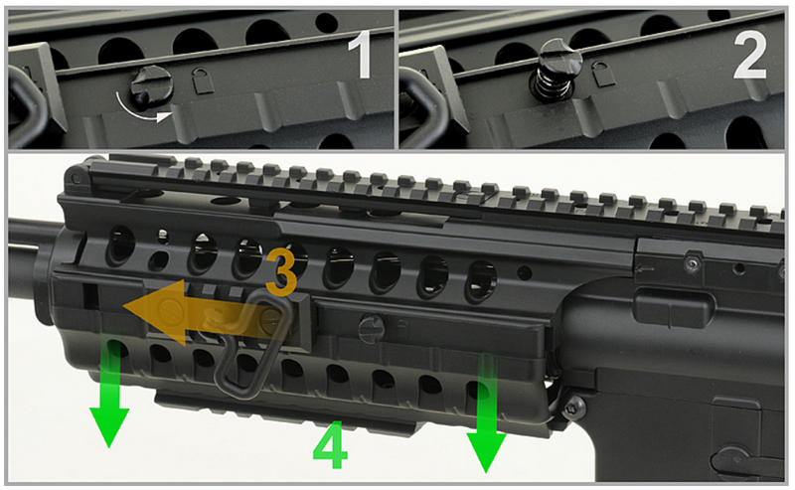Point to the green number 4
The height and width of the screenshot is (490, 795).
click(x=331, y=447)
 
